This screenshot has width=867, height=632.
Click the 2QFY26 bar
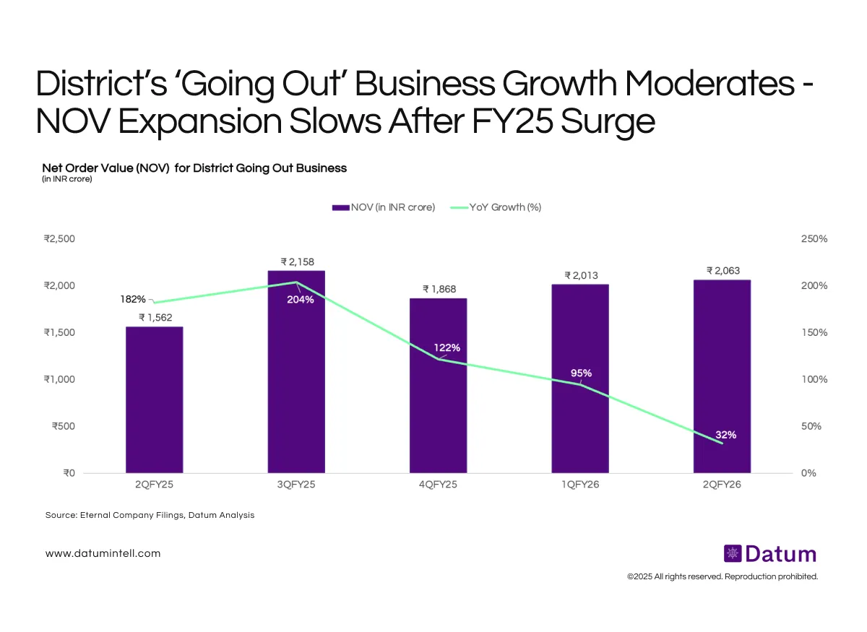pos(722,361)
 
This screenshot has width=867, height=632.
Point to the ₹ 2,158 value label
pos(297,261)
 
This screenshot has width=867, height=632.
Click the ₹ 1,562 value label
pos(155,317)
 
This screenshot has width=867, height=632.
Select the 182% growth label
pos(133,299)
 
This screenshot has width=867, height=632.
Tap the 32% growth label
pos(726,435)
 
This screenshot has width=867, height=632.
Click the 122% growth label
pos(447,348)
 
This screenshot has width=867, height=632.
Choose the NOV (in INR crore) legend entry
pos(384,207)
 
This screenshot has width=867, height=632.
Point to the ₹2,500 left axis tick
pos(59,239)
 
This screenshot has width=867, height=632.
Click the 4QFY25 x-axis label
pos(438,485)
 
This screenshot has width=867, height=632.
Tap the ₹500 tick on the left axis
pos(64,426)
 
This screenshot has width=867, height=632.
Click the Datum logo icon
pos(733,554)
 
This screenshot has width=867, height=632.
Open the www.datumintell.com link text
pos(103,554)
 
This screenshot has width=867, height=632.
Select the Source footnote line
pos(150,516)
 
